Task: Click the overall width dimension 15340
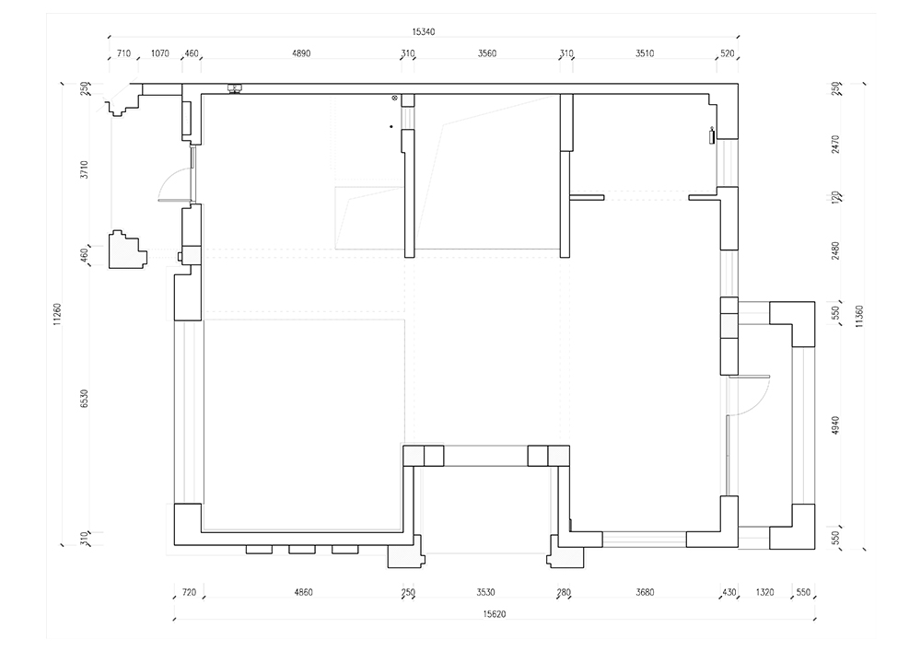pos(424,31)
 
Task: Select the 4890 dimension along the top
pos(301,53)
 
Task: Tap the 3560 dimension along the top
pos(487,53)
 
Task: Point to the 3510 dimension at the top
pos(645,53)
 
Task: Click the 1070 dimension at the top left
pos(159,53)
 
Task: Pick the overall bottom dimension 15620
pos(495,614)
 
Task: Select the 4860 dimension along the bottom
pos(303,592)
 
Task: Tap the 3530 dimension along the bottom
pos(485,592)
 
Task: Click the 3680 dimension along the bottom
pos(645,592)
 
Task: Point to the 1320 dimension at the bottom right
pos(764,592)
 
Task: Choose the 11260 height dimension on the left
pos(57,314)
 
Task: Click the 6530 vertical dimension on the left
pos(84,399)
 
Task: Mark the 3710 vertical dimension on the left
pos(84,169)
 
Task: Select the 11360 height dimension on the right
pos(859,317)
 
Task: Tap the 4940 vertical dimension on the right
pos(836,426)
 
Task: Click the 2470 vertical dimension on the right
pos(836,145)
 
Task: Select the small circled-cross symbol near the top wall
pos(395,98)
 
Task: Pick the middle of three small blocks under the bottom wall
pos(302,550)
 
